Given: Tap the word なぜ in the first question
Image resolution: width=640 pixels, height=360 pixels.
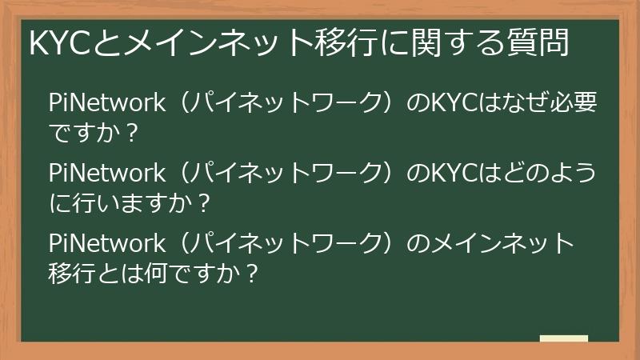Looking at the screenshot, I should coord(522,103).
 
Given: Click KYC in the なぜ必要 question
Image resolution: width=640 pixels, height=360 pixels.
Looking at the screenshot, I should coord(453,103).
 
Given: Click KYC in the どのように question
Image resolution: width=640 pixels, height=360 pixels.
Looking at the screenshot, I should coord(453,173).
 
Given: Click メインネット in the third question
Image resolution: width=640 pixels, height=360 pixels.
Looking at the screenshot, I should coord(504,242).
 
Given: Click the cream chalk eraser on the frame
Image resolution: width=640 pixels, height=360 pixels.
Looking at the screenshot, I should coord(563,339).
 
